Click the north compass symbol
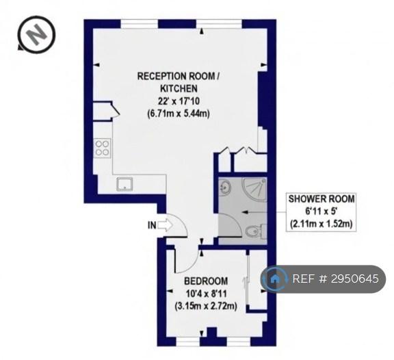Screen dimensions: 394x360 click(36, 34)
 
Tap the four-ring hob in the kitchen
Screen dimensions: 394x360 click(103, 149)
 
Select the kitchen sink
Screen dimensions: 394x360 click(124, 184)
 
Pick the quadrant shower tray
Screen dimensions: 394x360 click(254, 189)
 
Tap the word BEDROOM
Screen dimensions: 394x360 click(206, 281)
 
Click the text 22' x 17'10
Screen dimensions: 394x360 click(179, 101)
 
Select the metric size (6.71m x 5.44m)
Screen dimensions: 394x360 click(179, 114)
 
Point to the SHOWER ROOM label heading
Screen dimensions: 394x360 click(321, 199)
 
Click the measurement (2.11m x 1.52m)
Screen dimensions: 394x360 click(321, 224)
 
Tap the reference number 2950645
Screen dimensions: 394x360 click(355, 279)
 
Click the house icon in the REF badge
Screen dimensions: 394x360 click(275, 279)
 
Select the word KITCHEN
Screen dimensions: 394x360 click(179, 88)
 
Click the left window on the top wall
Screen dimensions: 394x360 click(140, 24)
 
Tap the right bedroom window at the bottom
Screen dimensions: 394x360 click(239, 342)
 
